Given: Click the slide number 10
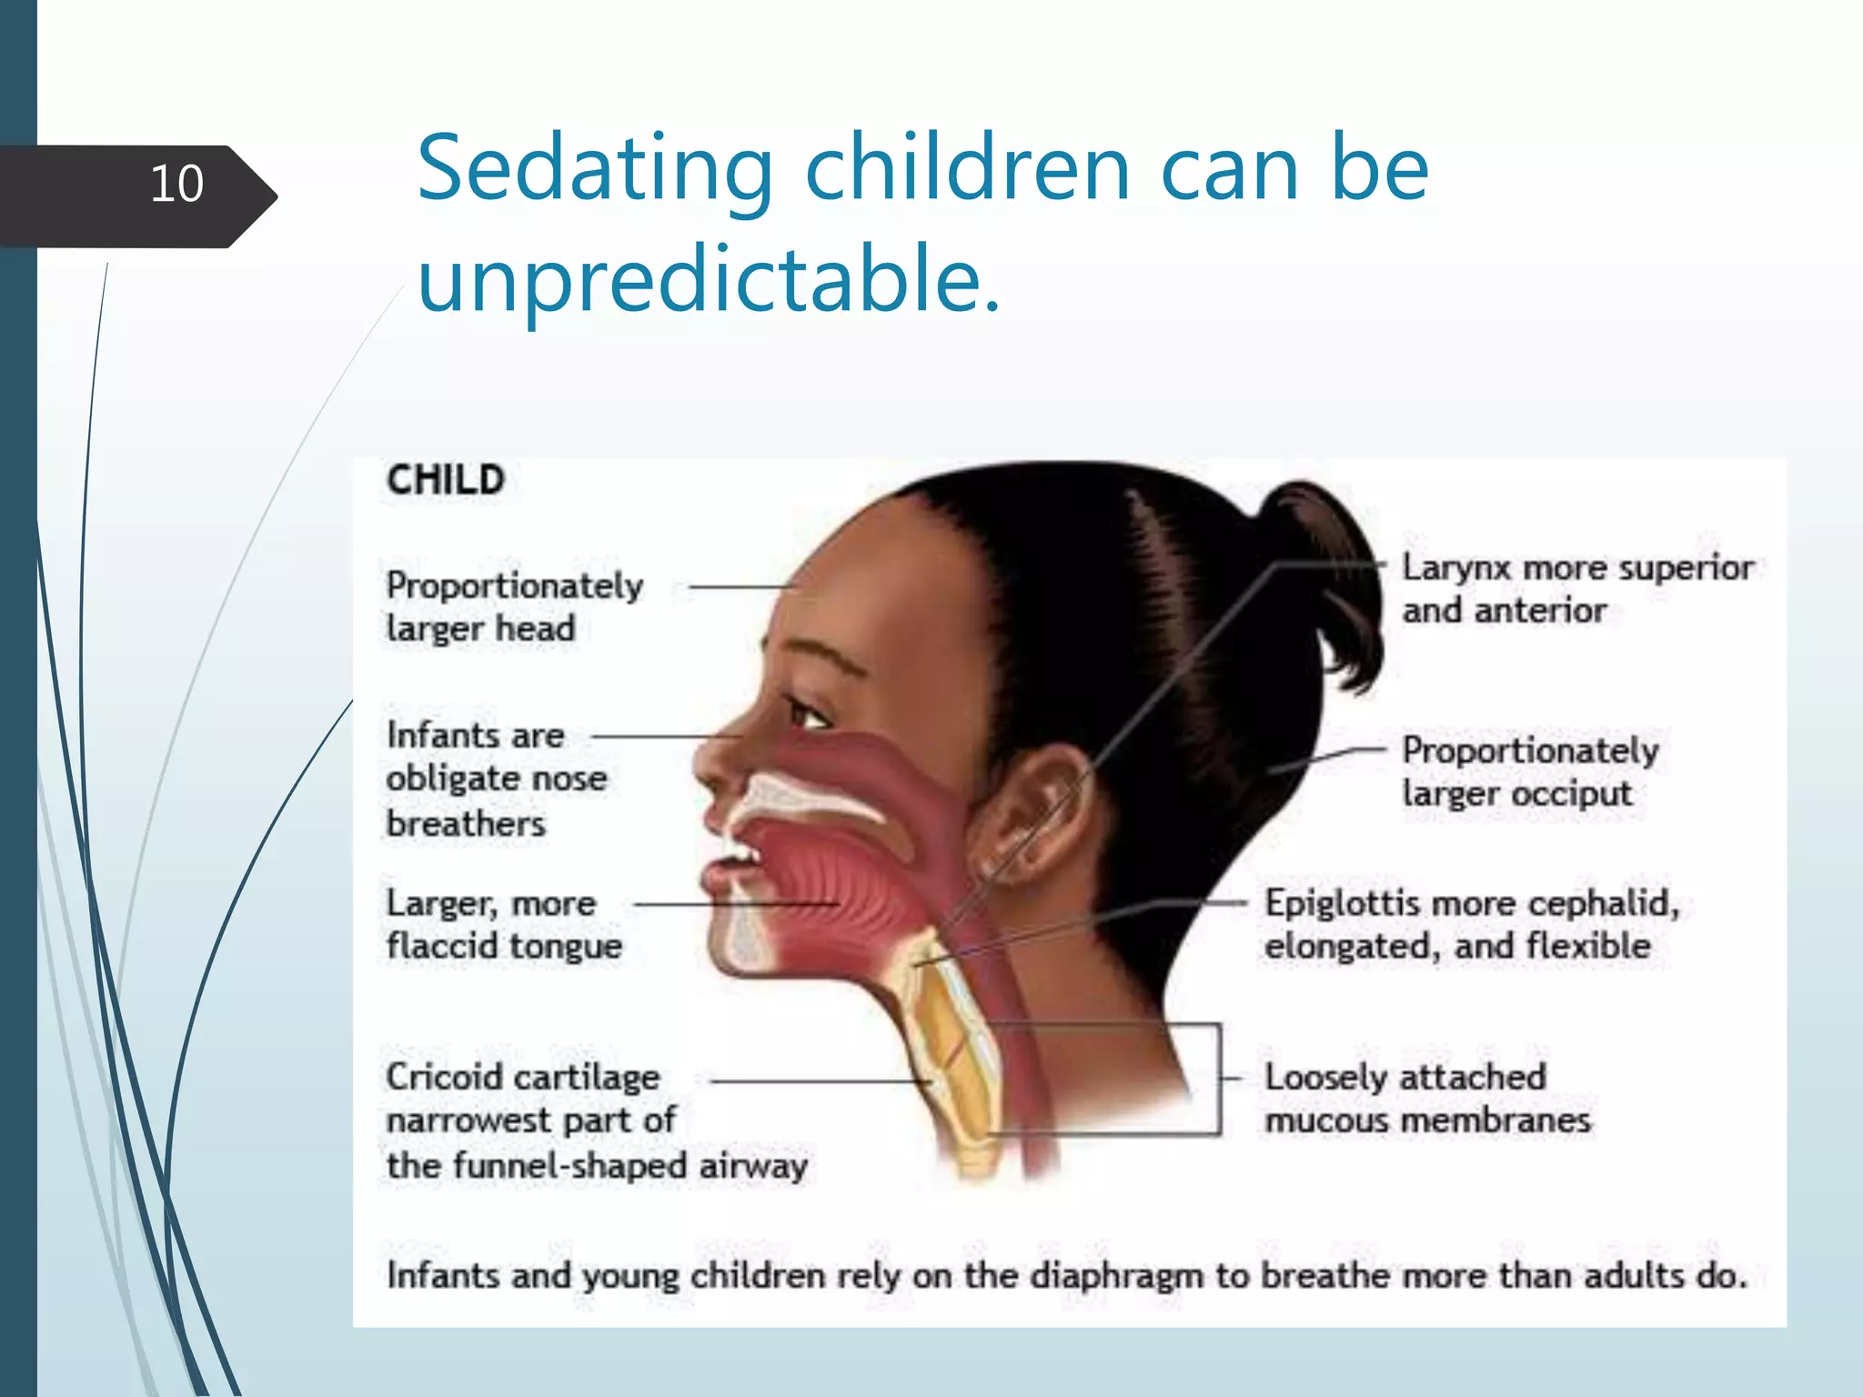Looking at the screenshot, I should (176, 184).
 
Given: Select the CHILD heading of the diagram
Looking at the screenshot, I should (445, 480).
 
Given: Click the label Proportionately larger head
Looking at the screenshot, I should (514, 607).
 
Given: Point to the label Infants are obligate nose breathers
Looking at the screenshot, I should (496, 779).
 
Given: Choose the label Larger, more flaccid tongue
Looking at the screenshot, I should (503, 924).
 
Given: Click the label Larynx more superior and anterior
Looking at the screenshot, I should (1576, 588).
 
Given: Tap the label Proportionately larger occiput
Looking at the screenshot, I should (1530, 771).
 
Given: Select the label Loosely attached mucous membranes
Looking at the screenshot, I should (1426, 1098).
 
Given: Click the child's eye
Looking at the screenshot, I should (808, 712).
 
